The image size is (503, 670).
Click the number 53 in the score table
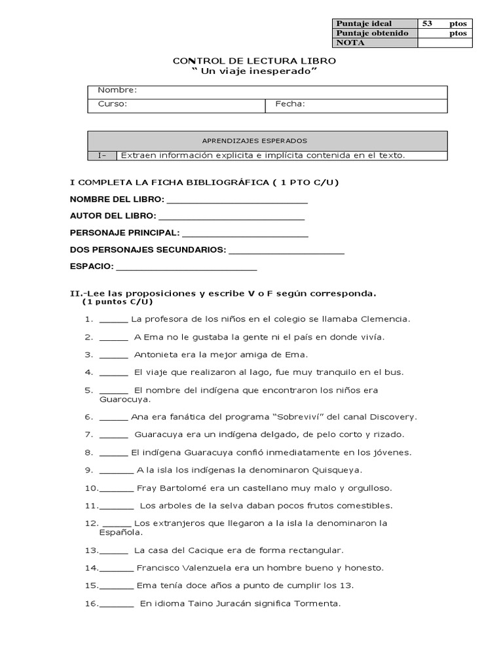pyautogui.click(x=428, y=24)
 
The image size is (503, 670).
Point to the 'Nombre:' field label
pyautogui.click(x=117, y=90)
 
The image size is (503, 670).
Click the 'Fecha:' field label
pyautogui.click(x=290, y=104)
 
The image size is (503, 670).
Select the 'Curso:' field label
pyautogui.click(x=112, y=104)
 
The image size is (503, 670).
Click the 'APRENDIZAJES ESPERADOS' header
pyautogui.click(x=254, y=141)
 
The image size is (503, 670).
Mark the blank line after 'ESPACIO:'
pyautogui.click(x=187, y=268)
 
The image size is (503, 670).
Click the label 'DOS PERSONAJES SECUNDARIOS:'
pyautogui.click(x=147, y=250)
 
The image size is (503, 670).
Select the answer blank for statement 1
pyautogui.click(x=114, y=320)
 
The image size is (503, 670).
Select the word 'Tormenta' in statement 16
pyautogui.click(x=319, y=603)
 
